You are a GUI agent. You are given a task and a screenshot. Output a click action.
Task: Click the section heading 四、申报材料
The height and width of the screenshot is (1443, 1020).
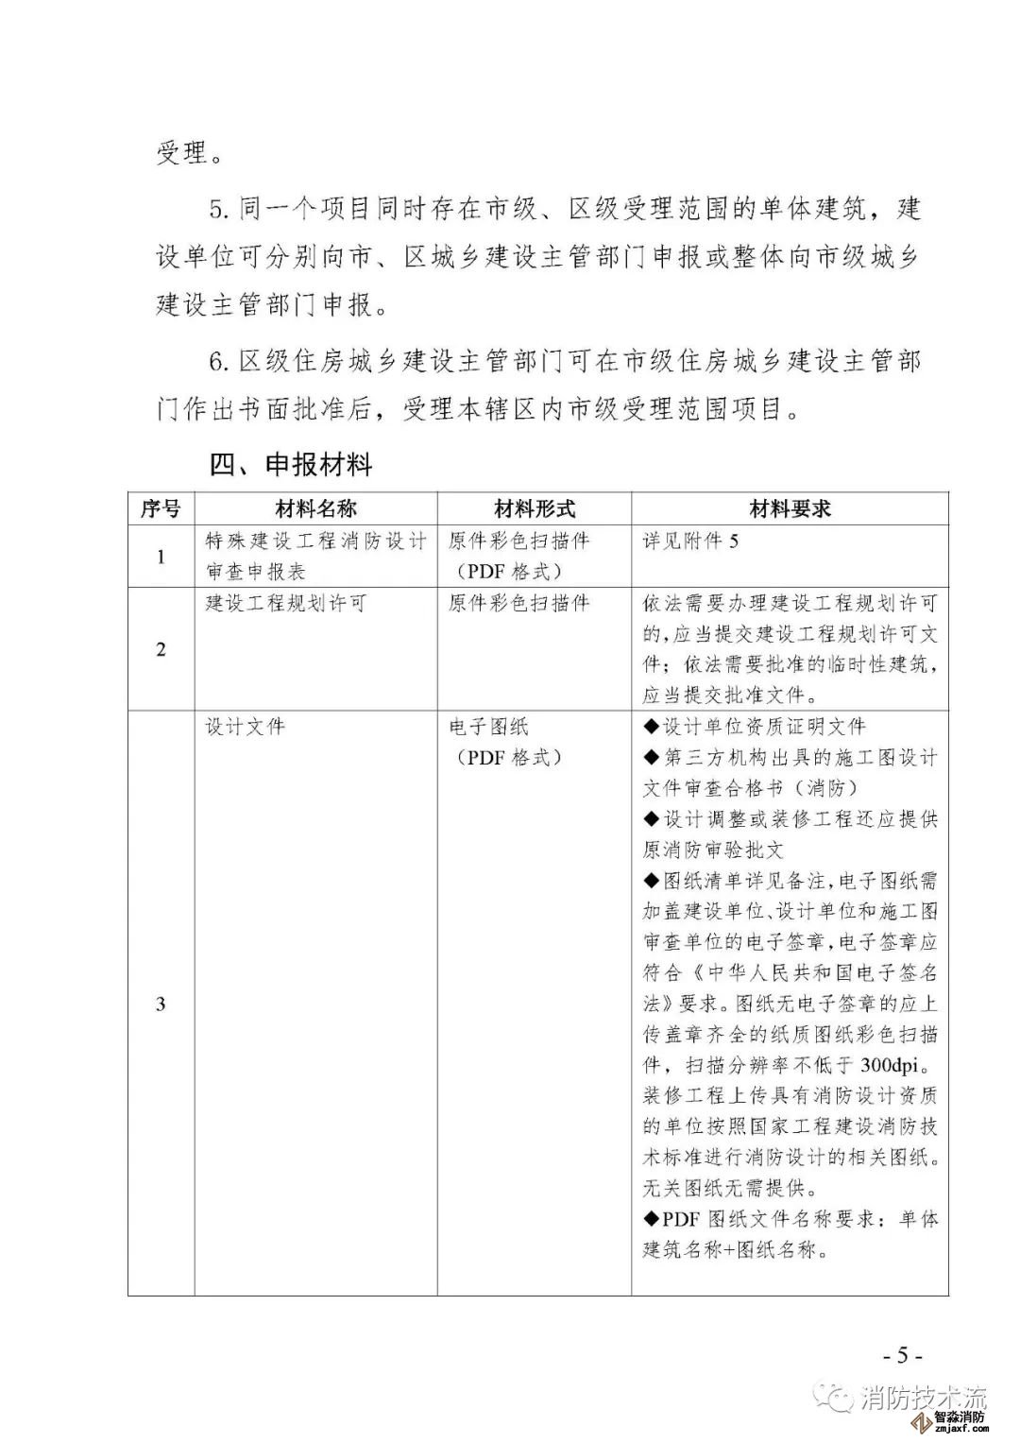click(x=291, y=465)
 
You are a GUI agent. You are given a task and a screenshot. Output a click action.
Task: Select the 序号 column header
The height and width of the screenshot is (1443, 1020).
click(x=161, y=508)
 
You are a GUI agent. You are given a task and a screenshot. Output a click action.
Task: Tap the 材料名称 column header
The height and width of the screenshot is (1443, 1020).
click(x=315, y=508)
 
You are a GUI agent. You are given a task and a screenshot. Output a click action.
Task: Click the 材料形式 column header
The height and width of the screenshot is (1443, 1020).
click(x=535, y=508)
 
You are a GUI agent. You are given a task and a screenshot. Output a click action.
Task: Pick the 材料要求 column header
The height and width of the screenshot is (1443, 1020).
click(x=790, y=508)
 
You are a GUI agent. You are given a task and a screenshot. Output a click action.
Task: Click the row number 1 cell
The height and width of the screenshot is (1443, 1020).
click(x=161, y=557)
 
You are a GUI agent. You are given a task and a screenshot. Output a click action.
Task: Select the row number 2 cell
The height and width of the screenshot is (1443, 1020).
click(x=161, y=649)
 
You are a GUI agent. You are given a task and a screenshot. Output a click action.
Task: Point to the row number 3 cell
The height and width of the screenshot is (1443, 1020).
click(x=161, y=1003)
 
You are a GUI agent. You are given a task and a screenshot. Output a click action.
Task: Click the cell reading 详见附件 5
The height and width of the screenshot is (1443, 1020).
click(x=691, y=541)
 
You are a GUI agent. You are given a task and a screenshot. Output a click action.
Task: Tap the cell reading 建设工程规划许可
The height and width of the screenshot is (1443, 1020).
click(x=285, y=603)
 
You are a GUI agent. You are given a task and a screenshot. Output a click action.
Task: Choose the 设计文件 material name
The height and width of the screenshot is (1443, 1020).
click(x=245, y=727)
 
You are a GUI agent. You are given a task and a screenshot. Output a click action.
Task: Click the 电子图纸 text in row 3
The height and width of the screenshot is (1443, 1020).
click(x=488, y=727)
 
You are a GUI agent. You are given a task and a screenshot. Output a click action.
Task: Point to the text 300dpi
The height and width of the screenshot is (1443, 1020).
click(x=896, y=1065)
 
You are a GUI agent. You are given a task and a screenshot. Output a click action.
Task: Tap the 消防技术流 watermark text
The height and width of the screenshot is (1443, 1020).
click(x=923, y=1398)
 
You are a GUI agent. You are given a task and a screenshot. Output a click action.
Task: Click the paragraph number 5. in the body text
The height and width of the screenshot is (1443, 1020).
click(x=219, y=208)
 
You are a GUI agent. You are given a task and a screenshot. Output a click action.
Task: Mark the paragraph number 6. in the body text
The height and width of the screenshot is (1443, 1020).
click(x=219, y=361)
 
